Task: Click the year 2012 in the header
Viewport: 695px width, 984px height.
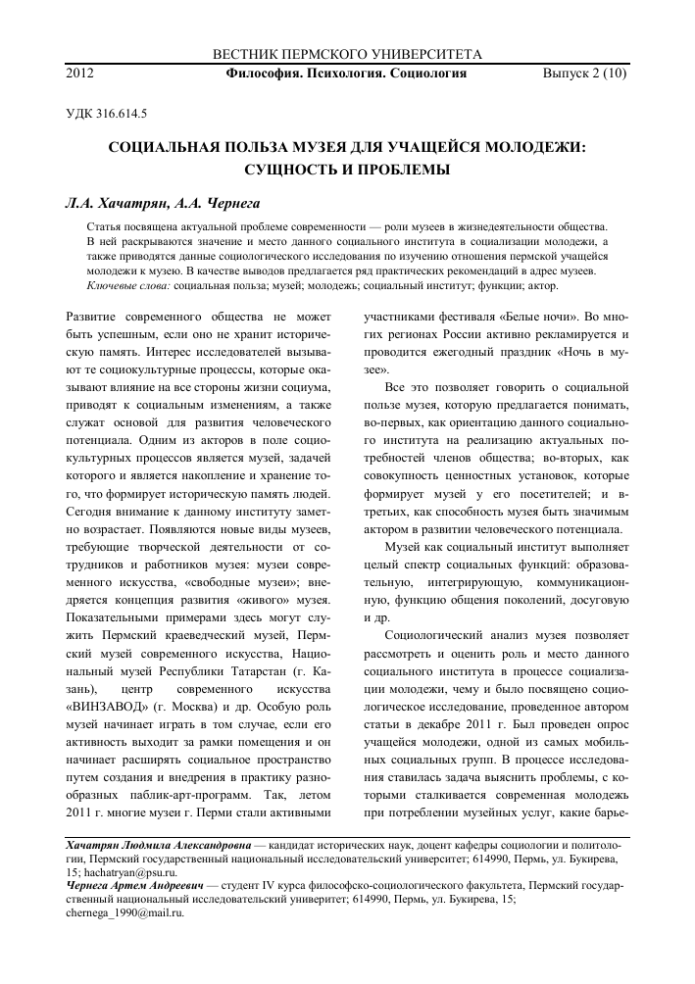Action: [78, 73]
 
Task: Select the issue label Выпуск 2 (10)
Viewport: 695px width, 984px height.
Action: [584, 73]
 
